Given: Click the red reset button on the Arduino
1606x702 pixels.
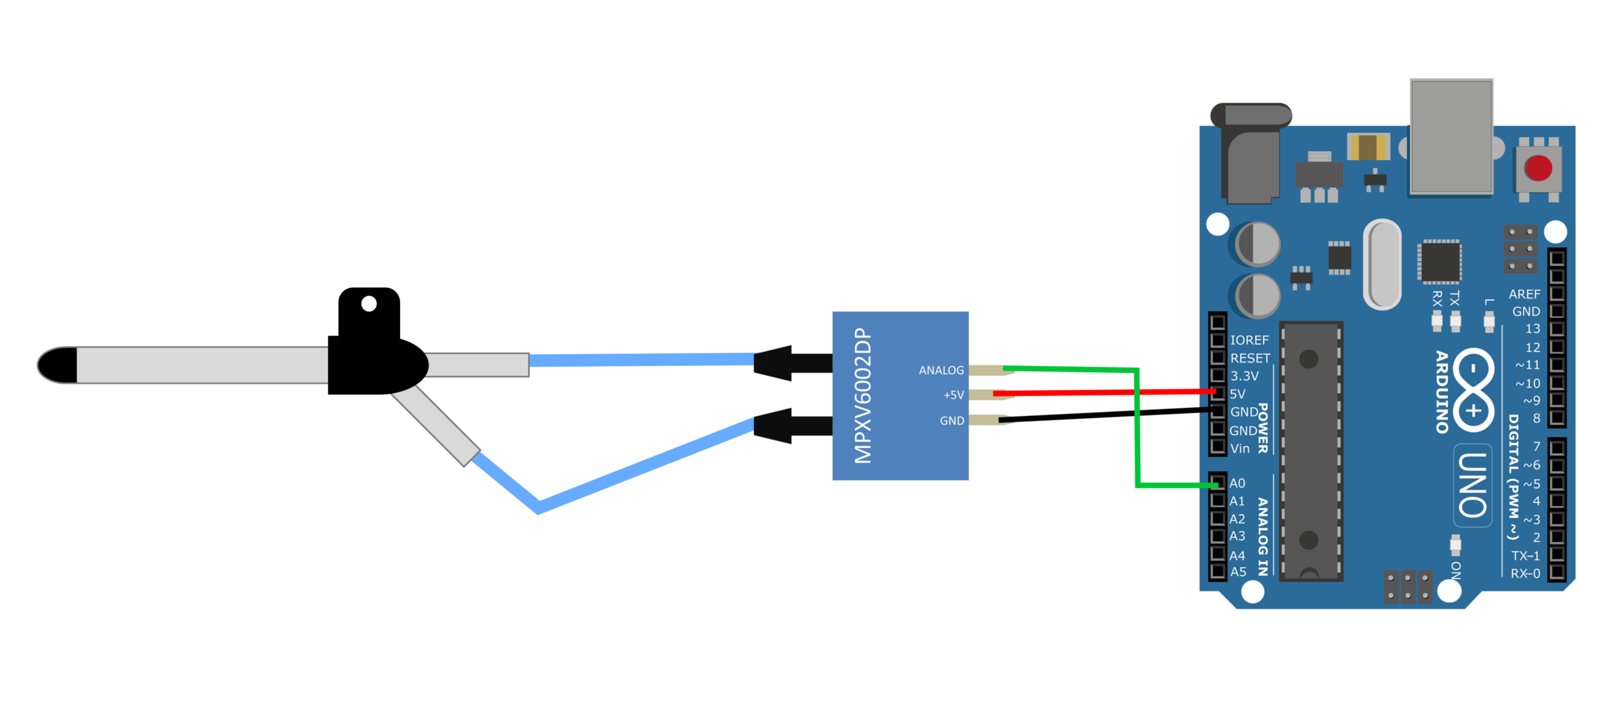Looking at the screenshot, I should [x=1539, y=168].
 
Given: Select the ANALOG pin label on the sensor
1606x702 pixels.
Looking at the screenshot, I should [x=941, y=370].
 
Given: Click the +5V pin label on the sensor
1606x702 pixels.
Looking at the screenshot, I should [x=953, y=395].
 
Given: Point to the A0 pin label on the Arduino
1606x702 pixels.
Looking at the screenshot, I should [x=1237, y=483].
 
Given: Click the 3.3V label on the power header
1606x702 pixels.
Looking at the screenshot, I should [x=1244, y=376].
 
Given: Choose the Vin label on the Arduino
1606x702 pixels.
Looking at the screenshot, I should [x=1240, y=449].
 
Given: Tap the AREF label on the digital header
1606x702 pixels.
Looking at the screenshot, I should [x=1524, y=294].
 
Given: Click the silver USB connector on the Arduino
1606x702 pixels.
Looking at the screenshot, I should [x=1451, y=136].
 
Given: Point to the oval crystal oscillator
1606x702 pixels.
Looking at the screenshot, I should [x=1382, y=264].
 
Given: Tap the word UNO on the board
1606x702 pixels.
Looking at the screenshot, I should [x=1472, y=485].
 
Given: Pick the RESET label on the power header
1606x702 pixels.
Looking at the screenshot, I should [x=1250, y=359].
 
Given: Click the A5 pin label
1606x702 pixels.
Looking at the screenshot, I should [x=1238, y=572].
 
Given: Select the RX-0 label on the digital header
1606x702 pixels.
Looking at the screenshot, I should [x=1525, y=573].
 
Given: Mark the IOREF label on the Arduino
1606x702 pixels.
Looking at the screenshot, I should [x=1249, y=341].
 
